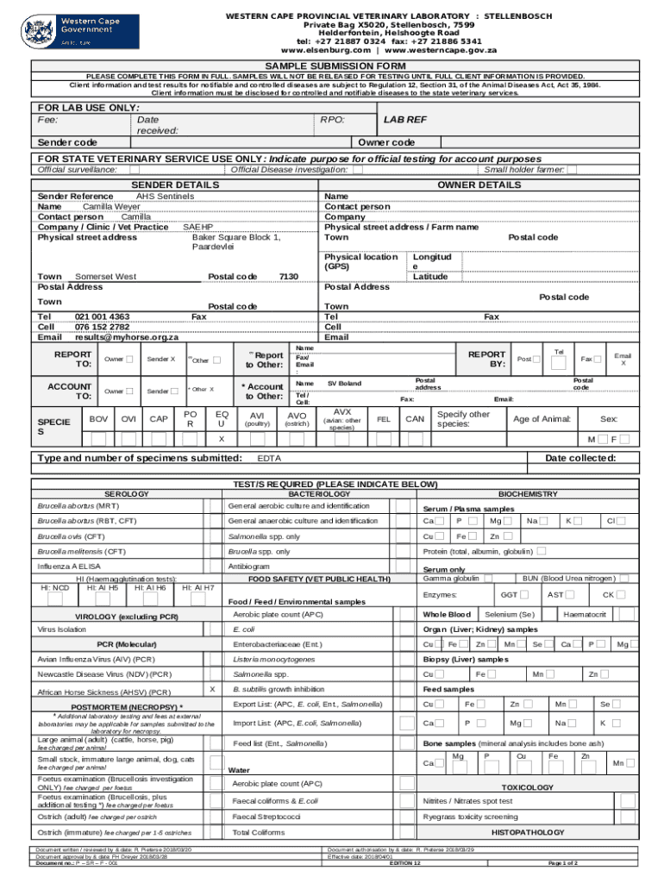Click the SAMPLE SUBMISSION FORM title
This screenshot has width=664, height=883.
[335, 66]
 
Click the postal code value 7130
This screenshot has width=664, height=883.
[288, 276]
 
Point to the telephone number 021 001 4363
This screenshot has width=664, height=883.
[103, 316]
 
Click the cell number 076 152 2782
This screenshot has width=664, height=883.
[103, 327]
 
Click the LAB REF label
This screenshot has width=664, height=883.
[404, 121]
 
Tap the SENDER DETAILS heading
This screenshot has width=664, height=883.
[174, 185]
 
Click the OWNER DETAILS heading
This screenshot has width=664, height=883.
[479, 185]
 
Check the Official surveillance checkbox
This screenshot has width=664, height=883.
[125, 170]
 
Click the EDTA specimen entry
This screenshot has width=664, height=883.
[268, 457]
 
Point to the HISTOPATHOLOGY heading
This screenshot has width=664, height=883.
[527, 832]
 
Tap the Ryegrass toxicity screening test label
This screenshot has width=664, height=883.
[470, 816]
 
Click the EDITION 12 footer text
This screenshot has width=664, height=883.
[405, 862]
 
